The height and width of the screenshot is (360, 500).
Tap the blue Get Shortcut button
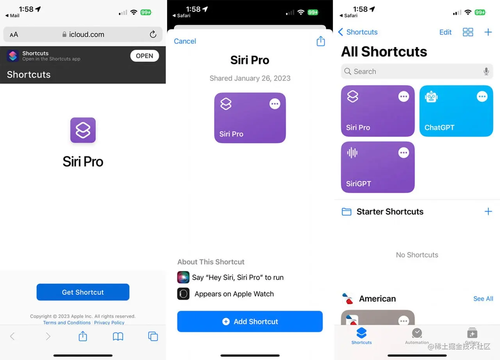point(83,292)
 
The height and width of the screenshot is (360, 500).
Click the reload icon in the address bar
point(153,34)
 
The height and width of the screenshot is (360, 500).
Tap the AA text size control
point(14,35)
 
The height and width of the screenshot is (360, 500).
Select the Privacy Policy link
point(109,322)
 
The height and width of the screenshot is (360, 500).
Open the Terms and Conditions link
point(67,322)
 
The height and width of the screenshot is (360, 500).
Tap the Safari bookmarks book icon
point(118,336)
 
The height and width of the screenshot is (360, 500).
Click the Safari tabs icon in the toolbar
point(153,336)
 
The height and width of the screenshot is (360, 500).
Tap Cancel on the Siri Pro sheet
point(185,41)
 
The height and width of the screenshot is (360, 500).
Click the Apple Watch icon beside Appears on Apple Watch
point(183,294)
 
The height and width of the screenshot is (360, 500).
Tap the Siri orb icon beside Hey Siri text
point(183,278)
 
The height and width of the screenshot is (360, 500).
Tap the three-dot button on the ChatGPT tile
point(482,97)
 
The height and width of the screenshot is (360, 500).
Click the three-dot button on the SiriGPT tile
point(404,153)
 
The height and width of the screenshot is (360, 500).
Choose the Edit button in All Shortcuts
point(445,32)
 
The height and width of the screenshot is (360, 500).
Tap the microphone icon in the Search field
point(486,72)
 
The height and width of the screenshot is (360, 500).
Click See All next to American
point(483,299)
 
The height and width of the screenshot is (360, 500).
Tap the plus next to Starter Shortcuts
point(488,211)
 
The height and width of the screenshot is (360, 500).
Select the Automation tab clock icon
point(417,333)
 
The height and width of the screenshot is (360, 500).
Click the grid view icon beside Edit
point(468,32)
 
